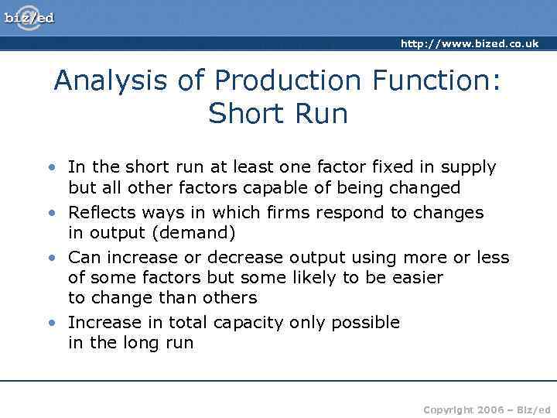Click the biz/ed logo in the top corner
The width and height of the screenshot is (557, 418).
click(29, 17)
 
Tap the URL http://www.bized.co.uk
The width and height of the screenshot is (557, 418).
click(469, 44)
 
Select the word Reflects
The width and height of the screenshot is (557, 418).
click(99, 212)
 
